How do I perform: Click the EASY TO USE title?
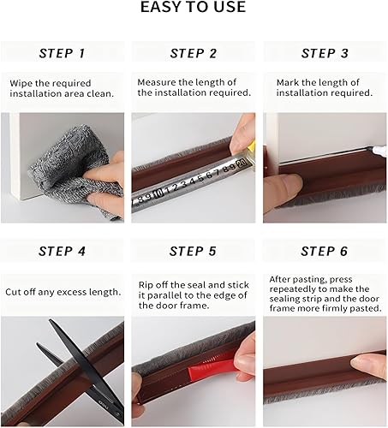pyautogui.click(x=193, y=7)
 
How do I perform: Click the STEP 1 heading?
pyautogui.click(x=63, y=53)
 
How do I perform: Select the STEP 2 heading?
pyautogui.click(x=194, y=53)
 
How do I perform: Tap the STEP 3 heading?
pyautogui.click(x=325, y=53)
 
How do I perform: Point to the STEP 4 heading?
pyautogui.click(x=63, y=252)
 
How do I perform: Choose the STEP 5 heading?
pyautogui.click(x=193, y=252)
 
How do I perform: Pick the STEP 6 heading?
pyautogui.click(x=325, y=252)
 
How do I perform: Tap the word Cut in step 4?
pyautogui.click(x=13, y=292)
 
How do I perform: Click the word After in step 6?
pyautogui.click(x=280, y=279)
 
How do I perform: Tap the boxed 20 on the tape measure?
pyautogui.click(x=242, y=163)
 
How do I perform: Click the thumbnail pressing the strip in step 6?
pyautogui.click(x=359, y=361)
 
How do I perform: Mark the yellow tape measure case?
pyautogui.click(x=251, y=146)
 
